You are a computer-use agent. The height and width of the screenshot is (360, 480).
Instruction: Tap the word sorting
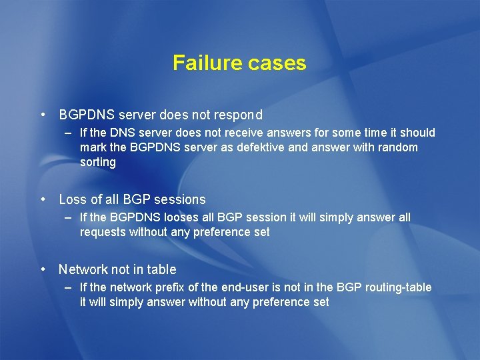click(97, 162)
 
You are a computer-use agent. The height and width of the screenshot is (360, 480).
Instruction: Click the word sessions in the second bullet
click(181, 199)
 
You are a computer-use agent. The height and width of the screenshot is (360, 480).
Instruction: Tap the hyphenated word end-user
click(248, 287)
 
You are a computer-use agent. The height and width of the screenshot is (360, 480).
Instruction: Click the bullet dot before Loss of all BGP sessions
click(43, 199)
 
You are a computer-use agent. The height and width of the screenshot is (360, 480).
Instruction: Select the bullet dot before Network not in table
click(43, 269)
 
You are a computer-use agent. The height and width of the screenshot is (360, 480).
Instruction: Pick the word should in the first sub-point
click(417, 133)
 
